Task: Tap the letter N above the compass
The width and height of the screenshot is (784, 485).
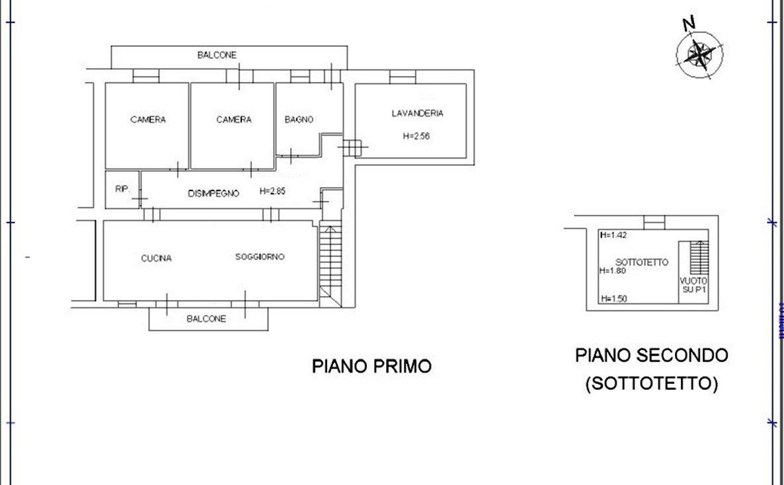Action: coord(689,24)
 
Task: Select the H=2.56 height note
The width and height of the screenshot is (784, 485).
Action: coord(416,136)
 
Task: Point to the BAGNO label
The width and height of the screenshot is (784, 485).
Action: coord(299,120)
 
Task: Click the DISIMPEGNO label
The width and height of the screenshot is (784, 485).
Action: coord(213,193)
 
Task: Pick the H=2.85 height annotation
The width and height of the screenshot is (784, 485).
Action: coord(273,192)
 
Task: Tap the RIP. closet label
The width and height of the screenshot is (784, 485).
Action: coord(122,189)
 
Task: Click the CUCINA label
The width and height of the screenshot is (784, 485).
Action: coord(156,258)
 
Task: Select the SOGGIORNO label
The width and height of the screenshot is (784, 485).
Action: coord(260,256)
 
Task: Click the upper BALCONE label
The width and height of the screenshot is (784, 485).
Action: coord(217,56)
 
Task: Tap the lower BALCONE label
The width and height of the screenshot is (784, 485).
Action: coord(206,318)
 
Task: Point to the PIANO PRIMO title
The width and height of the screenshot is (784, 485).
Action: coord(372,365)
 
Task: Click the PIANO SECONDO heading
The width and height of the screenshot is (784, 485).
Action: coord(651,355)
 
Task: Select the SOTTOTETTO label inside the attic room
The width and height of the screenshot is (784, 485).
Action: coord(642,262)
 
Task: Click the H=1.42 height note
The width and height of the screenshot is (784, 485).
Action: coord(612,235)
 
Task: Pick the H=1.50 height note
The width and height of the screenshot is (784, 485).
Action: coord(613,299)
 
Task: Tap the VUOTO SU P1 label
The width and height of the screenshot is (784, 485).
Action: coord(693,285)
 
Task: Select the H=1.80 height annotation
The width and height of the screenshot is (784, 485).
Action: coord(612,270)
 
